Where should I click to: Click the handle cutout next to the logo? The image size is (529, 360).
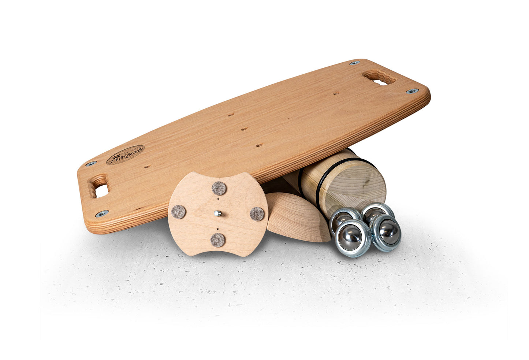[x=98, y=186]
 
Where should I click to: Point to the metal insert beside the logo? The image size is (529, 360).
[x=91, y=163]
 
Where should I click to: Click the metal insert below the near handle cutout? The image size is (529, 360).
[x=102, y=214]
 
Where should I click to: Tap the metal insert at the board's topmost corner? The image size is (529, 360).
[x=355, y=63]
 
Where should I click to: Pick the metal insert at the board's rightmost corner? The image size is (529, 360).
[x=412, y=91]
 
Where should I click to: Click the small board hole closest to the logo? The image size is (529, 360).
[x=148, y=167]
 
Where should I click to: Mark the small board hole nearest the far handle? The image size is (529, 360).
[x=336, y=93]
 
